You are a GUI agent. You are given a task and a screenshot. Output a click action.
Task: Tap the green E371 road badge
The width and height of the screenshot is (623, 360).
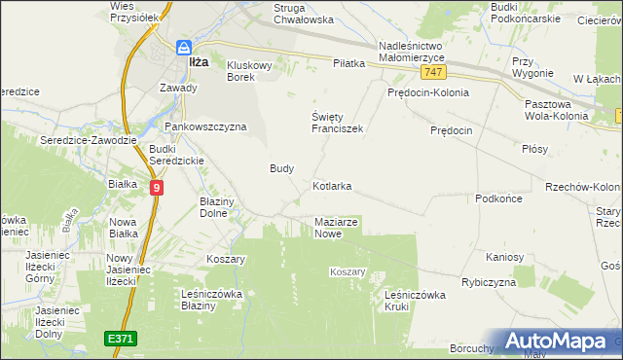point(121,338)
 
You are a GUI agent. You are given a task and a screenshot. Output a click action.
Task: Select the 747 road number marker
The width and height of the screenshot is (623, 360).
point(435,74)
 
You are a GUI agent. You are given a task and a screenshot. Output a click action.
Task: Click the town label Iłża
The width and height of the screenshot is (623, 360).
point(198,61)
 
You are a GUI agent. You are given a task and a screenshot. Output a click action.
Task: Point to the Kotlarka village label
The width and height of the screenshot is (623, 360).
point(332,185)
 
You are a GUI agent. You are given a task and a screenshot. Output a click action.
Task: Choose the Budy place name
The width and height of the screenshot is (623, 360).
point(281,167)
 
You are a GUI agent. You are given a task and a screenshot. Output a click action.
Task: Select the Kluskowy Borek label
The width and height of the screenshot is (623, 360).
point(254,71)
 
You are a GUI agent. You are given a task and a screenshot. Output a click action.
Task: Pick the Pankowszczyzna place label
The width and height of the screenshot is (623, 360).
point(205,126)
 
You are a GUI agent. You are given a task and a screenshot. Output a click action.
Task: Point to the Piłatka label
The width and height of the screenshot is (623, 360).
point(348,63)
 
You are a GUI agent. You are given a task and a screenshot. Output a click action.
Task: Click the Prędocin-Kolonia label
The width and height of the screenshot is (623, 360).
point(427,93)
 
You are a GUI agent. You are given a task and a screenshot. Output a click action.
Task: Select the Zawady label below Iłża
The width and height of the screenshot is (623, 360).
point(178,88)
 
